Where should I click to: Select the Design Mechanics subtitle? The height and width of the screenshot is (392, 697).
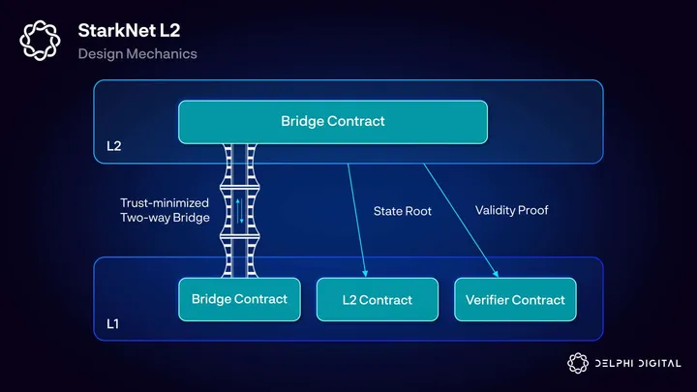click(137, 54)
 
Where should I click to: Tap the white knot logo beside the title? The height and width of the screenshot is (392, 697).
click(41, 41)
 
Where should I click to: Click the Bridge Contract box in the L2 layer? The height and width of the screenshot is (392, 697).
click(332, 121)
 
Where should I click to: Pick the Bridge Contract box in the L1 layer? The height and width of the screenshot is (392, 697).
click(239, 299)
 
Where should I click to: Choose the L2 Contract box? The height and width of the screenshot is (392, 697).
click(377, 300)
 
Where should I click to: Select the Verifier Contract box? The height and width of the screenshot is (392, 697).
click(515, 300)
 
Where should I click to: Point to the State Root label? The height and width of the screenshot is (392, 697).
click(403, 210)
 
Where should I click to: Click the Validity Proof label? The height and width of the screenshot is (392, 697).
click(512, 209)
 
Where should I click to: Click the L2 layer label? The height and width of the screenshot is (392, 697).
click(114, 148)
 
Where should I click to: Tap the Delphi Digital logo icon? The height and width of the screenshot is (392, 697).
click(577, 363)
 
